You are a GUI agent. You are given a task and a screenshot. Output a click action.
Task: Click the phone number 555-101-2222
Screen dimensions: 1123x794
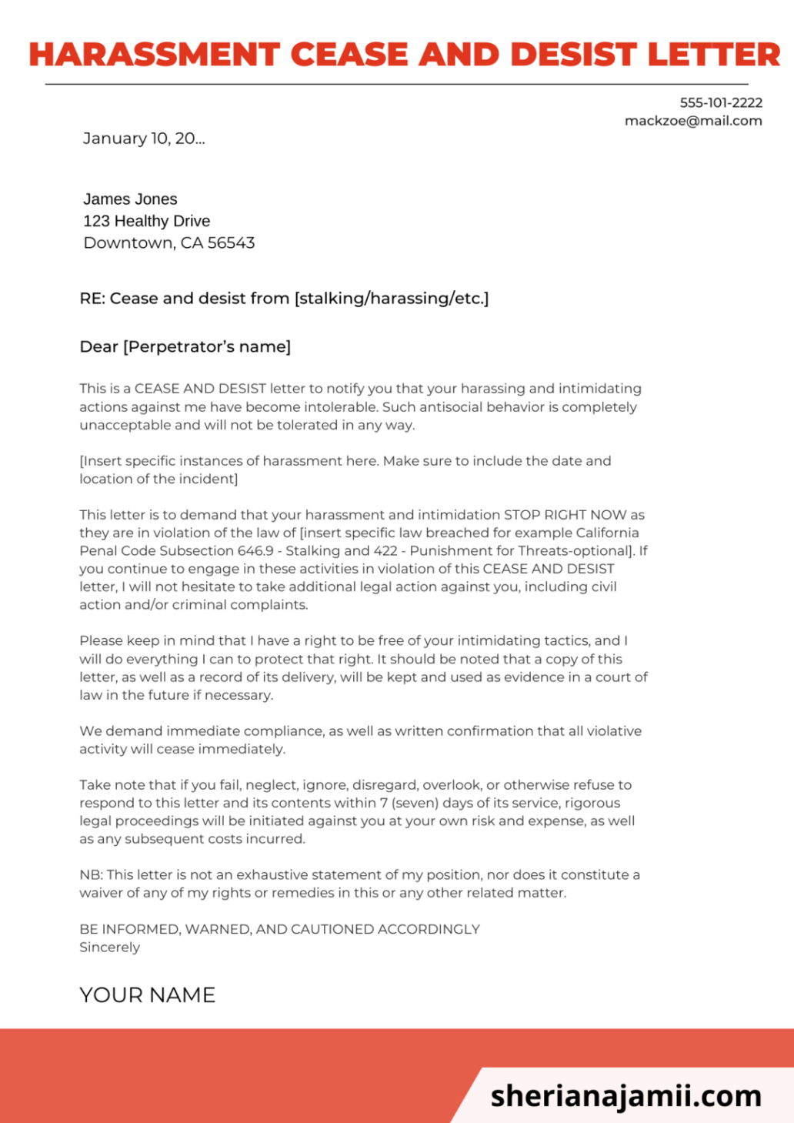point(721,102)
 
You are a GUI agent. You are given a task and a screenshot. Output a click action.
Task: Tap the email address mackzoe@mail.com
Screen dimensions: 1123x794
point(693,121)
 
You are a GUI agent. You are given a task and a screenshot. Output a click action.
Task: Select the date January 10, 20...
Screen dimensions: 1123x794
point(143,139)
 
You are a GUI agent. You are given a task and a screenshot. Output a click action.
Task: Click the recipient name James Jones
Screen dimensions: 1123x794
point(130,199)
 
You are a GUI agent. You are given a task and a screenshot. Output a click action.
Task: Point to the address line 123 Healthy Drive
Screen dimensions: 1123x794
point(146,221)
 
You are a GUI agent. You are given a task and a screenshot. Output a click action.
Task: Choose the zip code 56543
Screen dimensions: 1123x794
point(231,243)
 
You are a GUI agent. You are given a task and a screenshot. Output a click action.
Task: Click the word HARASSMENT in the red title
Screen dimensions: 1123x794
point(154,55)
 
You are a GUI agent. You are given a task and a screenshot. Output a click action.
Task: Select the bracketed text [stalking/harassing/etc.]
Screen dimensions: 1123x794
point(392,299)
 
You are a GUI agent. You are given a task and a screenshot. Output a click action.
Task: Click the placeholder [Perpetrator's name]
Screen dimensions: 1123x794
point(207,347)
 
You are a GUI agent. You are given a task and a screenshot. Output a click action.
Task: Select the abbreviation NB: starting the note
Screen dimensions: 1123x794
point(91,875)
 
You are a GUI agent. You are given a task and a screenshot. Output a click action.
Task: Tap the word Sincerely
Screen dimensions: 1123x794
point(109,948)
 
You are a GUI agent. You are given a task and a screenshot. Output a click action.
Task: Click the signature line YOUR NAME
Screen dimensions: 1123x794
point(147,995)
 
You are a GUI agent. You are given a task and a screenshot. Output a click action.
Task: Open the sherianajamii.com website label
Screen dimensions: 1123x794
point(626,1095)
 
